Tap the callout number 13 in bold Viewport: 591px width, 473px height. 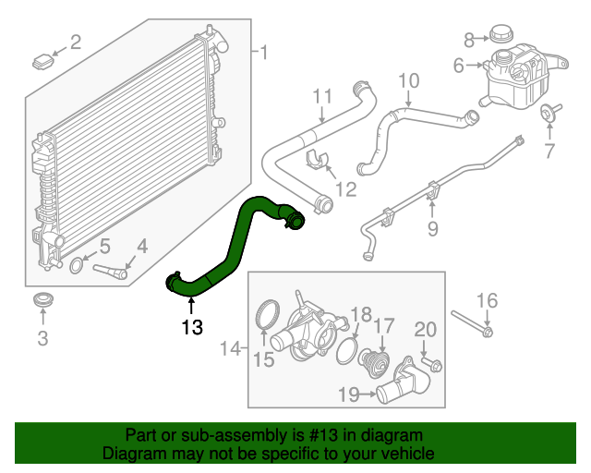(191, 326)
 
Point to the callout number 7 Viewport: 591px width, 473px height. (549, 150)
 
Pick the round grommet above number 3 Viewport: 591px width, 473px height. (42, 301)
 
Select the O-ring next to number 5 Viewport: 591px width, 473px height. (79, 267)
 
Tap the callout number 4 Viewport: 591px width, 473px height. (141, 246)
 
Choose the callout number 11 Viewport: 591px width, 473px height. (321, 96)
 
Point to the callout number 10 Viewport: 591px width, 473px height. (408, 80)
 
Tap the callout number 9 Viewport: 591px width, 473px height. (431, 228)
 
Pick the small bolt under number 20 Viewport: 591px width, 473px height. (432, 364)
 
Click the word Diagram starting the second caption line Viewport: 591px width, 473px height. (133, 454)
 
